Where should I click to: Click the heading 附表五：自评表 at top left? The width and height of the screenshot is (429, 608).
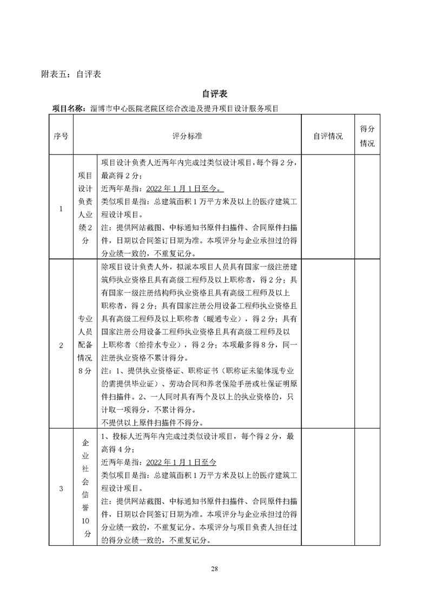coord(71,74)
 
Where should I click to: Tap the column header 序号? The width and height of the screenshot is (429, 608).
coord(61,136)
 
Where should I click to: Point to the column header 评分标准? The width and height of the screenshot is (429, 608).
coord(187,136)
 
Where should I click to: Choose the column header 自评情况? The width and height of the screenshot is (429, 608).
coord(328,136)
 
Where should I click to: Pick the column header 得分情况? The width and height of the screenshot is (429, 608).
coord(367,136)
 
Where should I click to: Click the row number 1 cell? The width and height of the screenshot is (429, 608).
coord(61,208)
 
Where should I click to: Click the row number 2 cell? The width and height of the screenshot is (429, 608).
coord(61,345)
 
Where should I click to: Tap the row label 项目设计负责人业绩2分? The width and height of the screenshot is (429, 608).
coord(85,208)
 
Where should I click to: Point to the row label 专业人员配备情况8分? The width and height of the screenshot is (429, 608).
coord(85,345)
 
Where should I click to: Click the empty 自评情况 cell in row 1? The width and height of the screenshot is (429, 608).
coord(328,208)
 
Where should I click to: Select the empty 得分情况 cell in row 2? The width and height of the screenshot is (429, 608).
coord(367,345)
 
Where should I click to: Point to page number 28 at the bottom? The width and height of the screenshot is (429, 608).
coord(215,568)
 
